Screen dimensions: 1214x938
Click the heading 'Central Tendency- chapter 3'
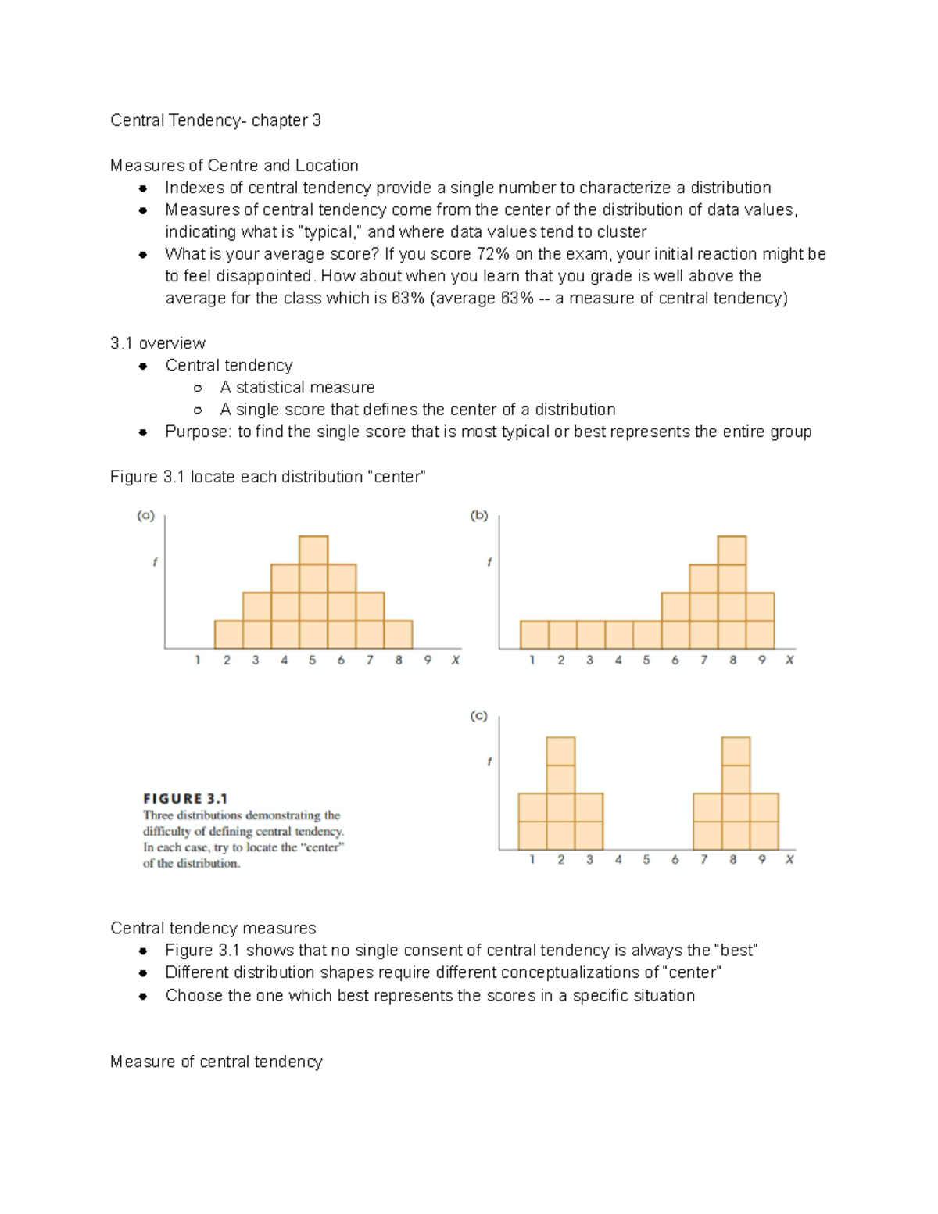click(215, 120)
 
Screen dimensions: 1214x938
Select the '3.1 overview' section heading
click(158, 343)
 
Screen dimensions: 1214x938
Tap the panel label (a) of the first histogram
click(146, 516)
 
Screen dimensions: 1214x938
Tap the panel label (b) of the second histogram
click(479, 516)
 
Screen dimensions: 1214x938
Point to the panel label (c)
click(479, 716)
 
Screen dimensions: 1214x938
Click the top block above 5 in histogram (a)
click(313, 550)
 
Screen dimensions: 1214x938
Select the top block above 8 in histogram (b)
click(732, 550)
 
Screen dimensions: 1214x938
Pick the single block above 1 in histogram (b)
click(535, 635)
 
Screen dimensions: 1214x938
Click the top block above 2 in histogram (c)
click(560, 751)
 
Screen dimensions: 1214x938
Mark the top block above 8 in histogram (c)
click(736, 751)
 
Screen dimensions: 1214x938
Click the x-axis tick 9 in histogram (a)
click(427, 661)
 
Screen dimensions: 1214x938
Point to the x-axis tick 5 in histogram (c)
click(646, 860)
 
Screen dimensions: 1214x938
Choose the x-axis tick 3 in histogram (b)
click(589, 661)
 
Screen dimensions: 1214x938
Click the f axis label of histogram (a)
click(155, 562)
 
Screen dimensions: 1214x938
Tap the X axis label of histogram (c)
click(789, 860)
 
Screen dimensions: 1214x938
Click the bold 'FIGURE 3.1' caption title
click(185, 799)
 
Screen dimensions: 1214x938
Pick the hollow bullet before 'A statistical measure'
click(198, 388)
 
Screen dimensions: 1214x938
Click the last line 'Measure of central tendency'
click(216, 1062)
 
